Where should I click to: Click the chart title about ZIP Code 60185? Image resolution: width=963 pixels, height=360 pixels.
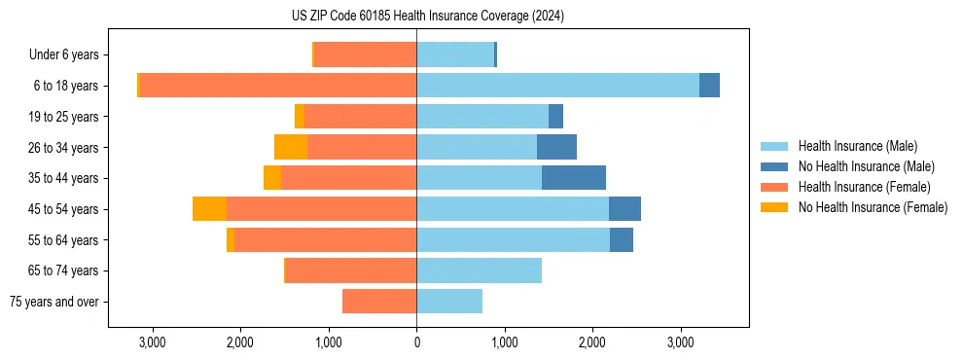click(427, 17)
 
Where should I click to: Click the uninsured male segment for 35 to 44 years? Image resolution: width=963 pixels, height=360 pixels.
click(574, 178)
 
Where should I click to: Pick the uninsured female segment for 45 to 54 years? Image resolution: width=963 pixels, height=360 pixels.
click(209, 209)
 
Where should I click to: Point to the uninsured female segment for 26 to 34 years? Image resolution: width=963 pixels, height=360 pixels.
click(291, 147)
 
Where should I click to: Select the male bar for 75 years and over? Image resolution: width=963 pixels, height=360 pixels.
click(449, 302)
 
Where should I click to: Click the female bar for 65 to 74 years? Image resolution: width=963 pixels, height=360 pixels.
click(350, 270)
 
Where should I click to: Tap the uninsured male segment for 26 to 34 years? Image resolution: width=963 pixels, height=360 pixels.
click(556, 147)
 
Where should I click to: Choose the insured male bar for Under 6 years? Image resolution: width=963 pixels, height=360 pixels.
click(455, 54)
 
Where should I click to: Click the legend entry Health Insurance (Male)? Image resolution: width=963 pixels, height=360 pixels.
click(857, 146)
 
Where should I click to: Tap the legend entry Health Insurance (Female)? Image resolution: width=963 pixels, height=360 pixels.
click(863, 187)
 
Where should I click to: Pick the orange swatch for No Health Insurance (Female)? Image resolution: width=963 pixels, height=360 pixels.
click(774, 207)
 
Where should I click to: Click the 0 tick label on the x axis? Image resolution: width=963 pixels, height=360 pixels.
click(416, 342)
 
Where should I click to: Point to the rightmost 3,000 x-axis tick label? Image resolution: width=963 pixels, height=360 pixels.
click(681, 342)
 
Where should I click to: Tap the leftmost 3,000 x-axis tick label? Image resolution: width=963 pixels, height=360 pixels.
click(152, 342)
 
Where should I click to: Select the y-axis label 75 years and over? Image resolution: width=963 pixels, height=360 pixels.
click(54, 302)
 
